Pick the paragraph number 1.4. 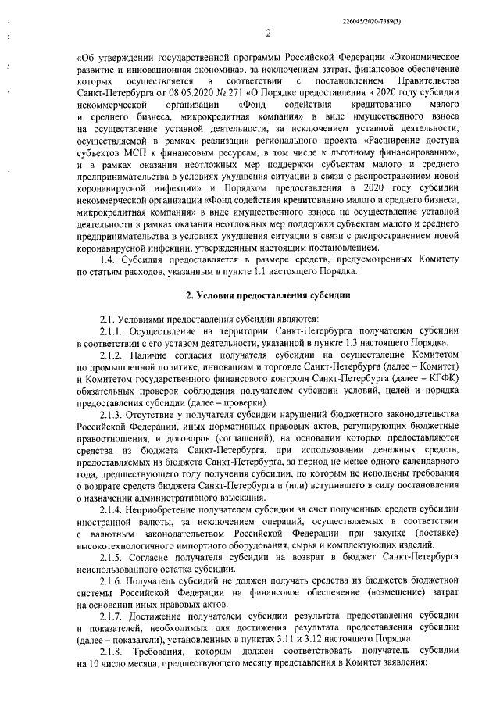[109, 259]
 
